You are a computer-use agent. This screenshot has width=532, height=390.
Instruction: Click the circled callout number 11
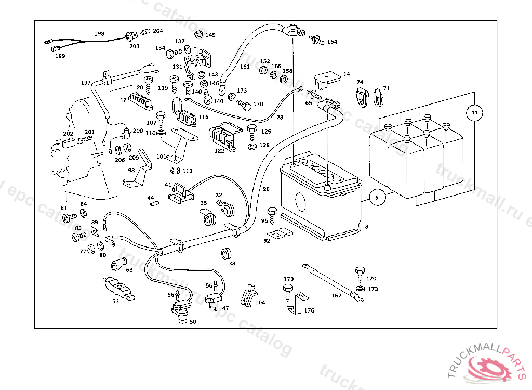pyautogui.click(x=474, y=112)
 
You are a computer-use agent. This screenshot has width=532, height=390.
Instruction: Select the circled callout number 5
pyautogui.click(x=378, y=197)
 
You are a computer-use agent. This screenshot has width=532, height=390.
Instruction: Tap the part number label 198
pyautogui.click(x=99, y=34)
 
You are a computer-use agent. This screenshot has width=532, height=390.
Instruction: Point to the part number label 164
pyautogui.click(x=332, y=42)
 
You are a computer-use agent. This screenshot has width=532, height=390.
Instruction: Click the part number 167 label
pyautogui.click(x=337, y=295)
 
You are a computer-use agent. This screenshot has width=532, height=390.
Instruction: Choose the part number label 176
pyautogui.click(x=309, y=310)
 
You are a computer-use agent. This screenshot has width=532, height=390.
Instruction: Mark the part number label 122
pyautogui.click(x=219, y=151)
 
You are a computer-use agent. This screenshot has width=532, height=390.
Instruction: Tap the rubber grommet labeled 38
pyautogui.click(x=227, y=254)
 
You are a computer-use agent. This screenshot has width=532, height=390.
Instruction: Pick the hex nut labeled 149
pyautogui.click(x=198, y=35)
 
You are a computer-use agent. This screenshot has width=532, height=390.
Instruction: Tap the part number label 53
pyautogui.click(x=115, y=301)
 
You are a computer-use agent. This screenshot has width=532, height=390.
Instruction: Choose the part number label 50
pyautogui.click(x=192, y=322)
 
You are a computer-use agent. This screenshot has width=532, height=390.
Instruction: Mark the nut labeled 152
pyautogui.click(x=263, y=70)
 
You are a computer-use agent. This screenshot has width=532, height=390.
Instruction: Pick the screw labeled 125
pyautogui.click(x=252, y=130)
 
